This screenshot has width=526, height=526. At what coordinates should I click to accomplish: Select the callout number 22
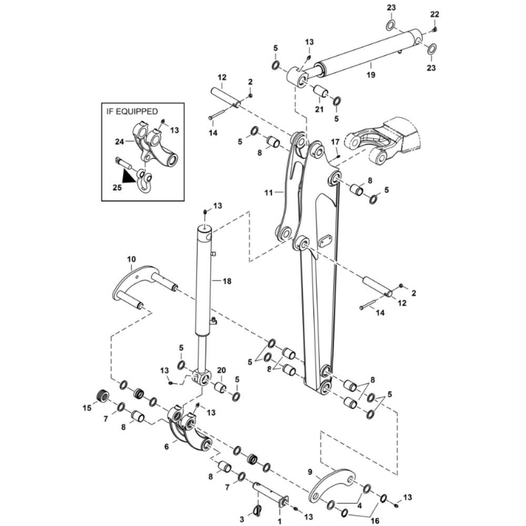(434, 14)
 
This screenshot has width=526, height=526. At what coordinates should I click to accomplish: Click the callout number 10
(131, 259)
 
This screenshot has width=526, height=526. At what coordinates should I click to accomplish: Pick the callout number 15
(88, 407)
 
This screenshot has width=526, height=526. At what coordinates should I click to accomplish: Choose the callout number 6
(167, 446)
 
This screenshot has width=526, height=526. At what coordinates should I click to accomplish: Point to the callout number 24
(119, 141)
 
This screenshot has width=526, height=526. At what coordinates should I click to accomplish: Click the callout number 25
(116, 187)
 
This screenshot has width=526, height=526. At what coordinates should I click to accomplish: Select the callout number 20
(221, 370)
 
